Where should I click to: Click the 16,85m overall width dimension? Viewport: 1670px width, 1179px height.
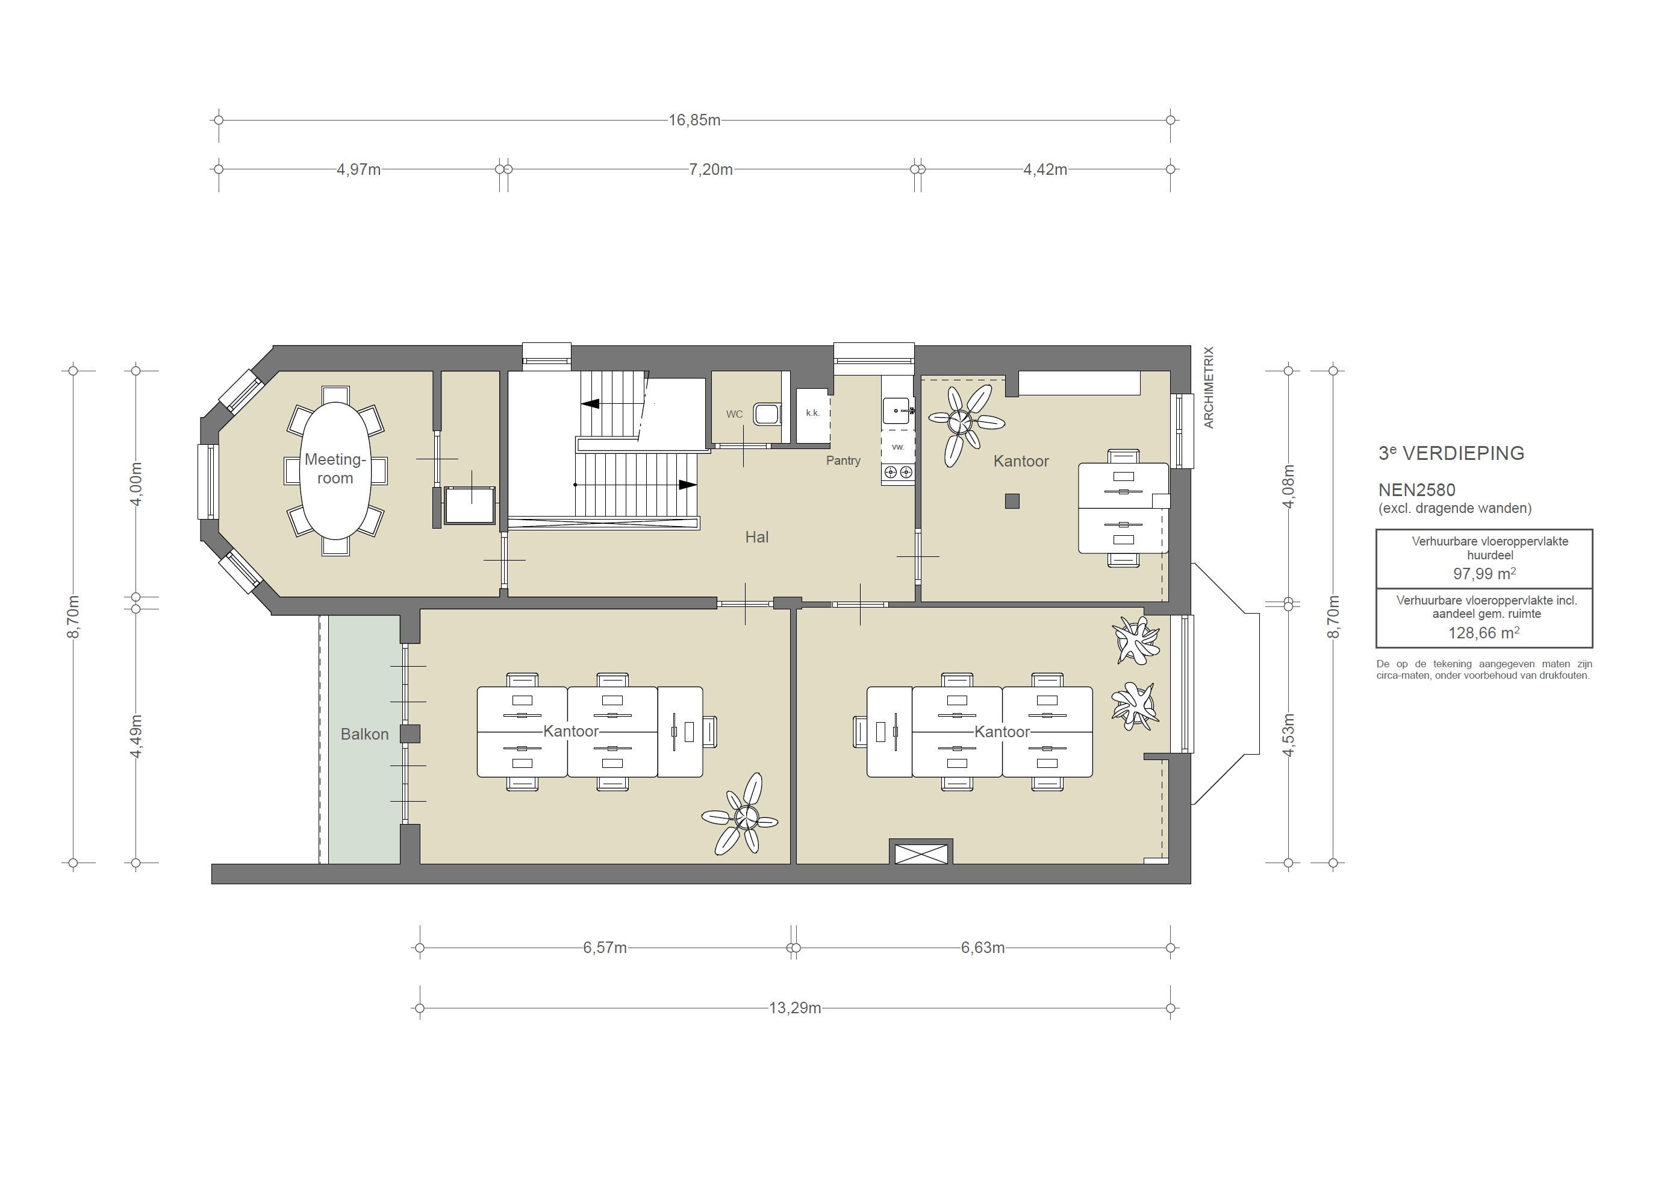(694, 120)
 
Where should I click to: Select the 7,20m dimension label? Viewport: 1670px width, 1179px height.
(710, 169)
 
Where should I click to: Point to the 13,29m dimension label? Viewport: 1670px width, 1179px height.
(794, 1008)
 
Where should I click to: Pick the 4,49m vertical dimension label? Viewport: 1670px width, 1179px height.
(136, 737)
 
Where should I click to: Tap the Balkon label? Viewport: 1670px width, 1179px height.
(364, 734)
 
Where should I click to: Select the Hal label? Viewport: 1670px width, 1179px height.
(756, 537)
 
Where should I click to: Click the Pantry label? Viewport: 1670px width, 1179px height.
(843, 461)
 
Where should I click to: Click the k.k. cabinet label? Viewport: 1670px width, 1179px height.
(812, 413)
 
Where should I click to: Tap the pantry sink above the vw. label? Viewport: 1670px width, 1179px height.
(897, 411)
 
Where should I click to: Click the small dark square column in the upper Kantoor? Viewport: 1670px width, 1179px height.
(1012, 501)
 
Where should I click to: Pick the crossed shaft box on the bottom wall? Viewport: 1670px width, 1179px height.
(921, 853)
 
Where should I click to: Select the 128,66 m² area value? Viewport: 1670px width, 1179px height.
(1483, 632)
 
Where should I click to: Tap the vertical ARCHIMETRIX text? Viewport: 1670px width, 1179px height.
(1209, 387)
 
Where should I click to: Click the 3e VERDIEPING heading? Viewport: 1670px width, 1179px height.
(1451, 453)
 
